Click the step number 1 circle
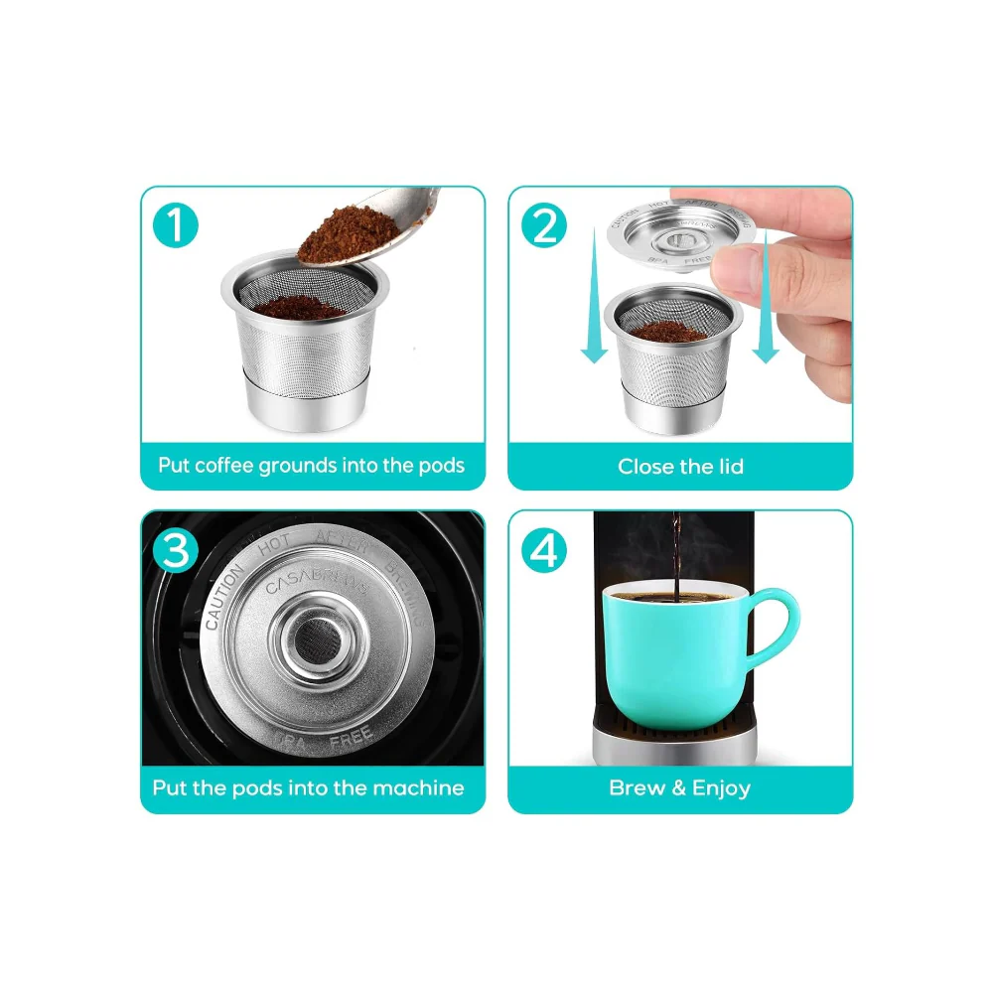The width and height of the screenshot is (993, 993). [x=177, y=226]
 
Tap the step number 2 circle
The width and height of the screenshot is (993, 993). [x=544, y=226]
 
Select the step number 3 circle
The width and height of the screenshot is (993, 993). [x=176, y=551]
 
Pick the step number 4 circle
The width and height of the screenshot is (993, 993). [x=544, y=551]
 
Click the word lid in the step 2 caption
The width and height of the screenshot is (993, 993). [x=727, y=466]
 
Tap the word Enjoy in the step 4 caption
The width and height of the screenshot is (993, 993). [x=721, y=788]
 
